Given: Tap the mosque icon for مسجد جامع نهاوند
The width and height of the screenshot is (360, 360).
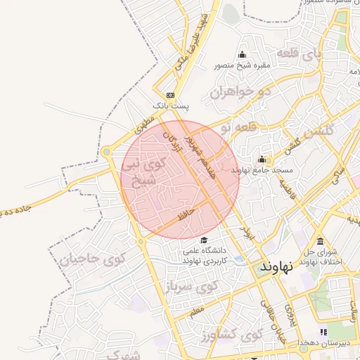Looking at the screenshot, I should click(x=262, y=159).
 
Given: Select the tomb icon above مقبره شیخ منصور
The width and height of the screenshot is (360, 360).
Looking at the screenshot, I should click(x=243, y=55).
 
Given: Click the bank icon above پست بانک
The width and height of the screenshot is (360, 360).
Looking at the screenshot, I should click(x=171, y=95).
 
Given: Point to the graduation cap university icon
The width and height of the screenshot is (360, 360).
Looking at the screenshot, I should click(x=204, y=240).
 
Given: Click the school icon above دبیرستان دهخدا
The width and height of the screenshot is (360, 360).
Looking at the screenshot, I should click(x=323, y=331).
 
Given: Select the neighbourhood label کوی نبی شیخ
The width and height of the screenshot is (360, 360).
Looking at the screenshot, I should click(x=144, y=172).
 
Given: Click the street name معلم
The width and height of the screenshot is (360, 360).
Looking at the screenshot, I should click(x=198, y=307).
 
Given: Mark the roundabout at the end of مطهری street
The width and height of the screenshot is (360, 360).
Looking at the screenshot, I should click(x=106, y=151).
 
